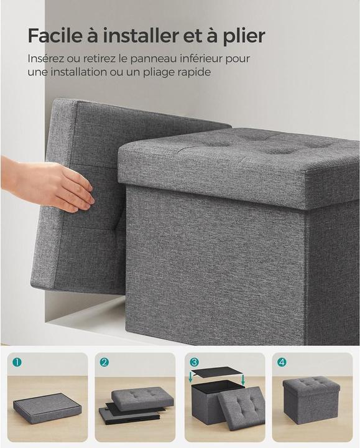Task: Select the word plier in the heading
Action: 244,36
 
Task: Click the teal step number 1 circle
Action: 17,362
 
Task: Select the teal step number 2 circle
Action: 104,362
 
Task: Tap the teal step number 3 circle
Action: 194,362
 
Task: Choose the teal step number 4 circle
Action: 282,362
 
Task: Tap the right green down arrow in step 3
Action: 242,379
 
